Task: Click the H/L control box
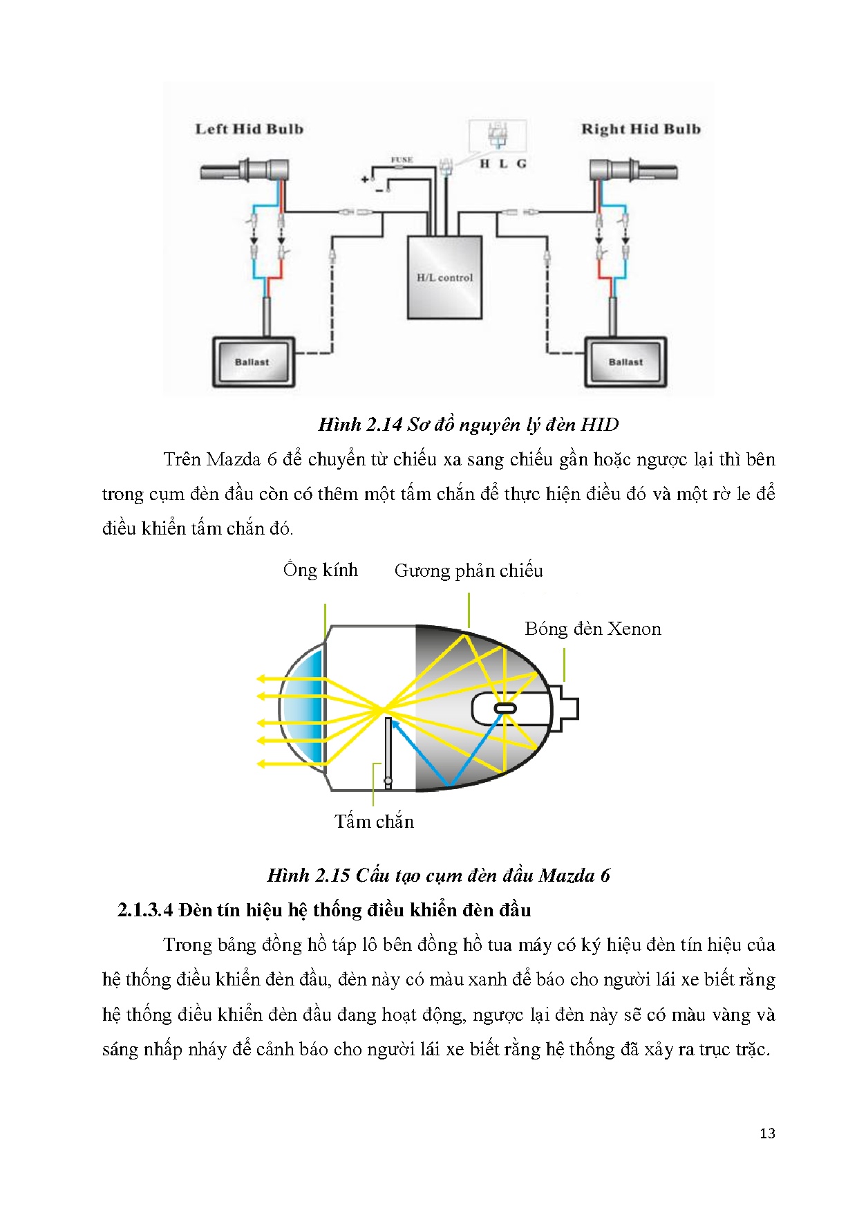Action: point(444,277)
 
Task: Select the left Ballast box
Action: point(253,362)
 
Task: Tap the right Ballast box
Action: point(625,362)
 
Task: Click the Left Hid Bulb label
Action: point(249,129)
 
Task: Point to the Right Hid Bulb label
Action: point(641,129)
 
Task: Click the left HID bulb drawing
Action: point(245,170)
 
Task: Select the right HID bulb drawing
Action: point(632,171)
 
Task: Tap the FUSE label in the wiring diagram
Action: point(402,160)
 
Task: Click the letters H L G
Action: point(503,164)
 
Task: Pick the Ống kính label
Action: point(321,570)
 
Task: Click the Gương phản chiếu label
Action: point(469,571)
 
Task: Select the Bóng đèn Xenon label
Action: point(592,629)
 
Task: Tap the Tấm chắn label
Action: point(374,822)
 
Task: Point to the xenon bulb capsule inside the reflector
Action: point(505,709)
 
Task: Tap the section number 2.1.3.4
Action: point(145,910)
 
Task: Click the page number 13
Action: point(767,1133)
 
